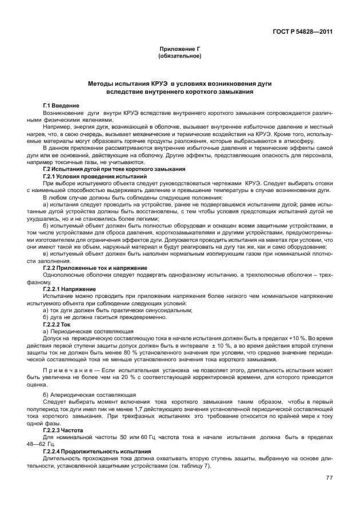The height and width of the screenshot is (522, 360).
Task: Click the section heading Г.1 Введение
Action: coord(61,106)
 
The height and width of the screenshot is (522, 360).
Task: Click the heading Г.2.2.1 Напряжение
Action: coord(64,289)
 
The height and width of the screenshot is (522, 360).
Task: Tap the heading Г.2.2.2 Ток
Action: coord(57,324)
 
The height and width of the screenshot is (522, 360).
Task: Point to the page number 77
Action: coord(329,479)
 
